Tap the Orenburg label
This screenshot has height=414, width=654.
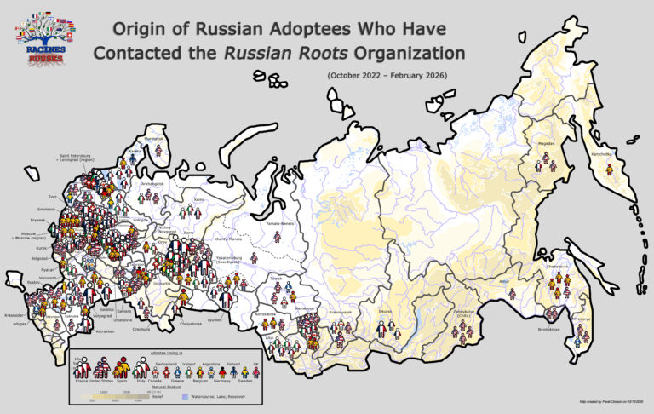142,328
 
